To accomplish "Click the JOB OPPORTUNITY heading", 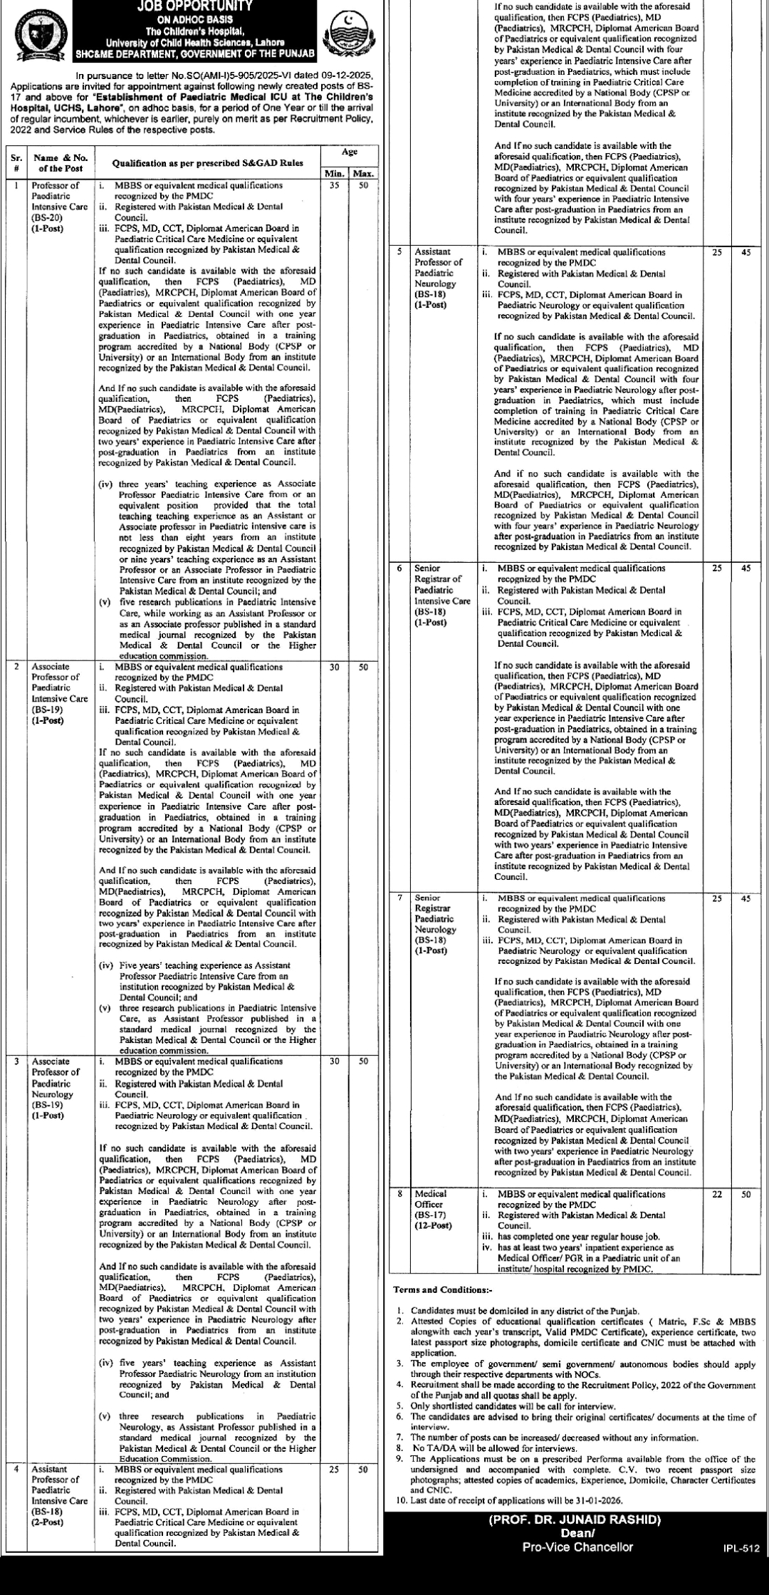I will click(x=194, y=6).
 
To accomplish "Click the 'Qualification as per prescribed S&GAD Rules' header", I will click(x=207, y=162).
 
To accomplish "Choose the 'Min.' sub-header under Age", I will click(x=335, y=173).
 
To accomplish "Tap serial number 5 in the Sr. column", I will click(x=399, y=251).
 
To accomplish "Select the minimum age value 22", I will click(x=717, y=1194).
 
